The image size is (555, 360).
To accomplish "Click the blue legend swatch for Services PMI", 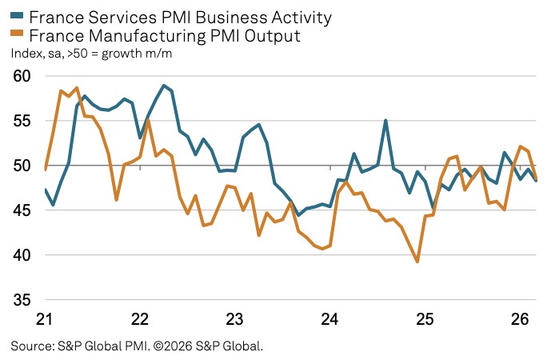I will pyautogui.click(x=16, y=16).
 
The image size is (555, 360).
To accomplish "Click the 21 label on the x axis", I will pyautogui.click(x=44, y=319).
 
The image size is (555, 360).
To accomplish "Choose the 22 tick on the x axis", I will pyautogui.click(x=139, y=319).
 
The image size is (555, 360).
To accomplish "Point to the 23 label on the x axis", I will pyautogui.click(x=234, y=319).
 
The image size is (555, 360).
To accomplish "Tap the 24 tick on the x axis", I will pyautogui.click(x=329, y=319).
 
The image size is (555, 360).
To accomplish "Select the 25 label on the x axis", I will pyautogui.click(x=425, y=319).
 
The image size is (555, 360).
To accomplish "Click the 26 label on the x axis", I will pyautogui.click(x=520, y=319).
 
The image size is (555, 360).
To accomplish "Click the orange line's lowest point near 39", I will pyautogui.click(x=417, y=262).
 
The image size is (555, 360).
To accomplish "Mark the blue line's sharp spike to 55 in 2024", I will pyautogui.click(x=385, y=121).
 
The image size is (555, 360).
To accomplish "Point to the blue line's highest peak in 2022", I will pyautogui.click(x=163, y=85).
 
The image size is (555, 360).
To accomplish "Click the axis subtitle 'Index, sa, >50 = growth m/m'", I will pyautogui.click(x=91, y=54).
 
